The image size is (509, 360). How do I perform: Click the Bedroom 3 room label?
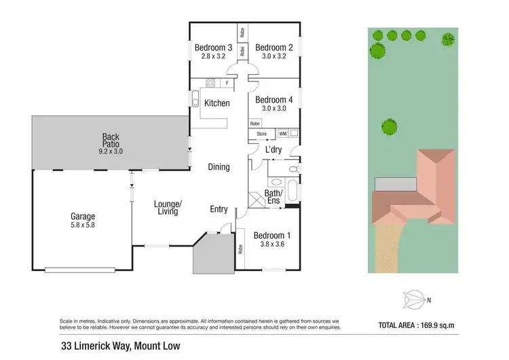tap(213, 48)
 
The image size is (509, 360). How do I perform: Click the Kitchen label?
tap(217, 103)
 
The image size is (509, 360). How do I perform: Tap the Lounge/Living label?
tap(168, 208)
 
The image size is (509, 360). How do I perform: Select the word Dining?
tap(219, 167)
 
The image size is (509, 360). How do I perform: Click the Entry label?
tap(219, 209)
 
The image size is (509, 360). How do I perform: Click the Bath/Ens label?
tap(274, 198)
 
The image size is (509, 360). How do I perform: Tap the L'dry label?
tap(274, 149)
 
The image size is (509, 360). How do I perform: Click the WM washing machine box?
tap(283, 134)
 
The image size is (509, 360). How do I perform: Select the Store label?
tap(261, 134)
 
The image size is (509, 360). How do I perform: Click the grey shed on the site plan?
tap(395, 184)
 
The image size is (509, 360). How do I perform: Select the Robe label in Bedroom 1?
tap(241, 249)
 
